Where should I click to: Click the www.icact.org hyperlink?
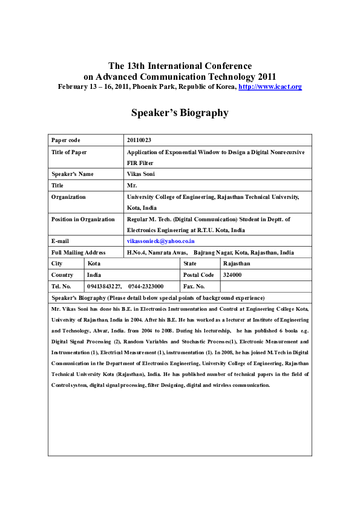point(270,87)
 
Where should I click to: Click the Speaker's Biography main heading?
point(180,112)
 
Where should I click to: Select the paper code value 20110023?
point(140,140)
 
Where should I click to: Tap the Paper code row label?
point(66,140)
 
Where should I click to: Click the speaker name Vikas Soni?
point(140,174)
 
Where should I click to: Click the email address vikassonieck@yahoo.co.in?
point(160,241)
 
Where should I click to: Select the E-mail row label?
point(61,241)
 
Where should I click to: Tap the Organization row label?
point(68,196)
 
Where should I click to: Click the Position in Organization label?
point(83,219)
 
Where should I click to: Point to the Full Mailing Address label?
point(79,253)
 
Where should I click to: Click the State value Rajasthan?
point(237,264)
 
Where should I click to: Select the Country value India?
point(94,275)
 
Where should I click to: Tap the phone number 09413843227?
point(105,286)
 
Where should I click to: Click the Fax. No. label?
point(194,286)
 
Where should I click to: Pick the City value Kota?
point(94,264)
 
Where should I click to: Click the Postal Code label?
point(198,275)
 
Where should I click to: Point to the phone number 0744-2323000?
point(146,286)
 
